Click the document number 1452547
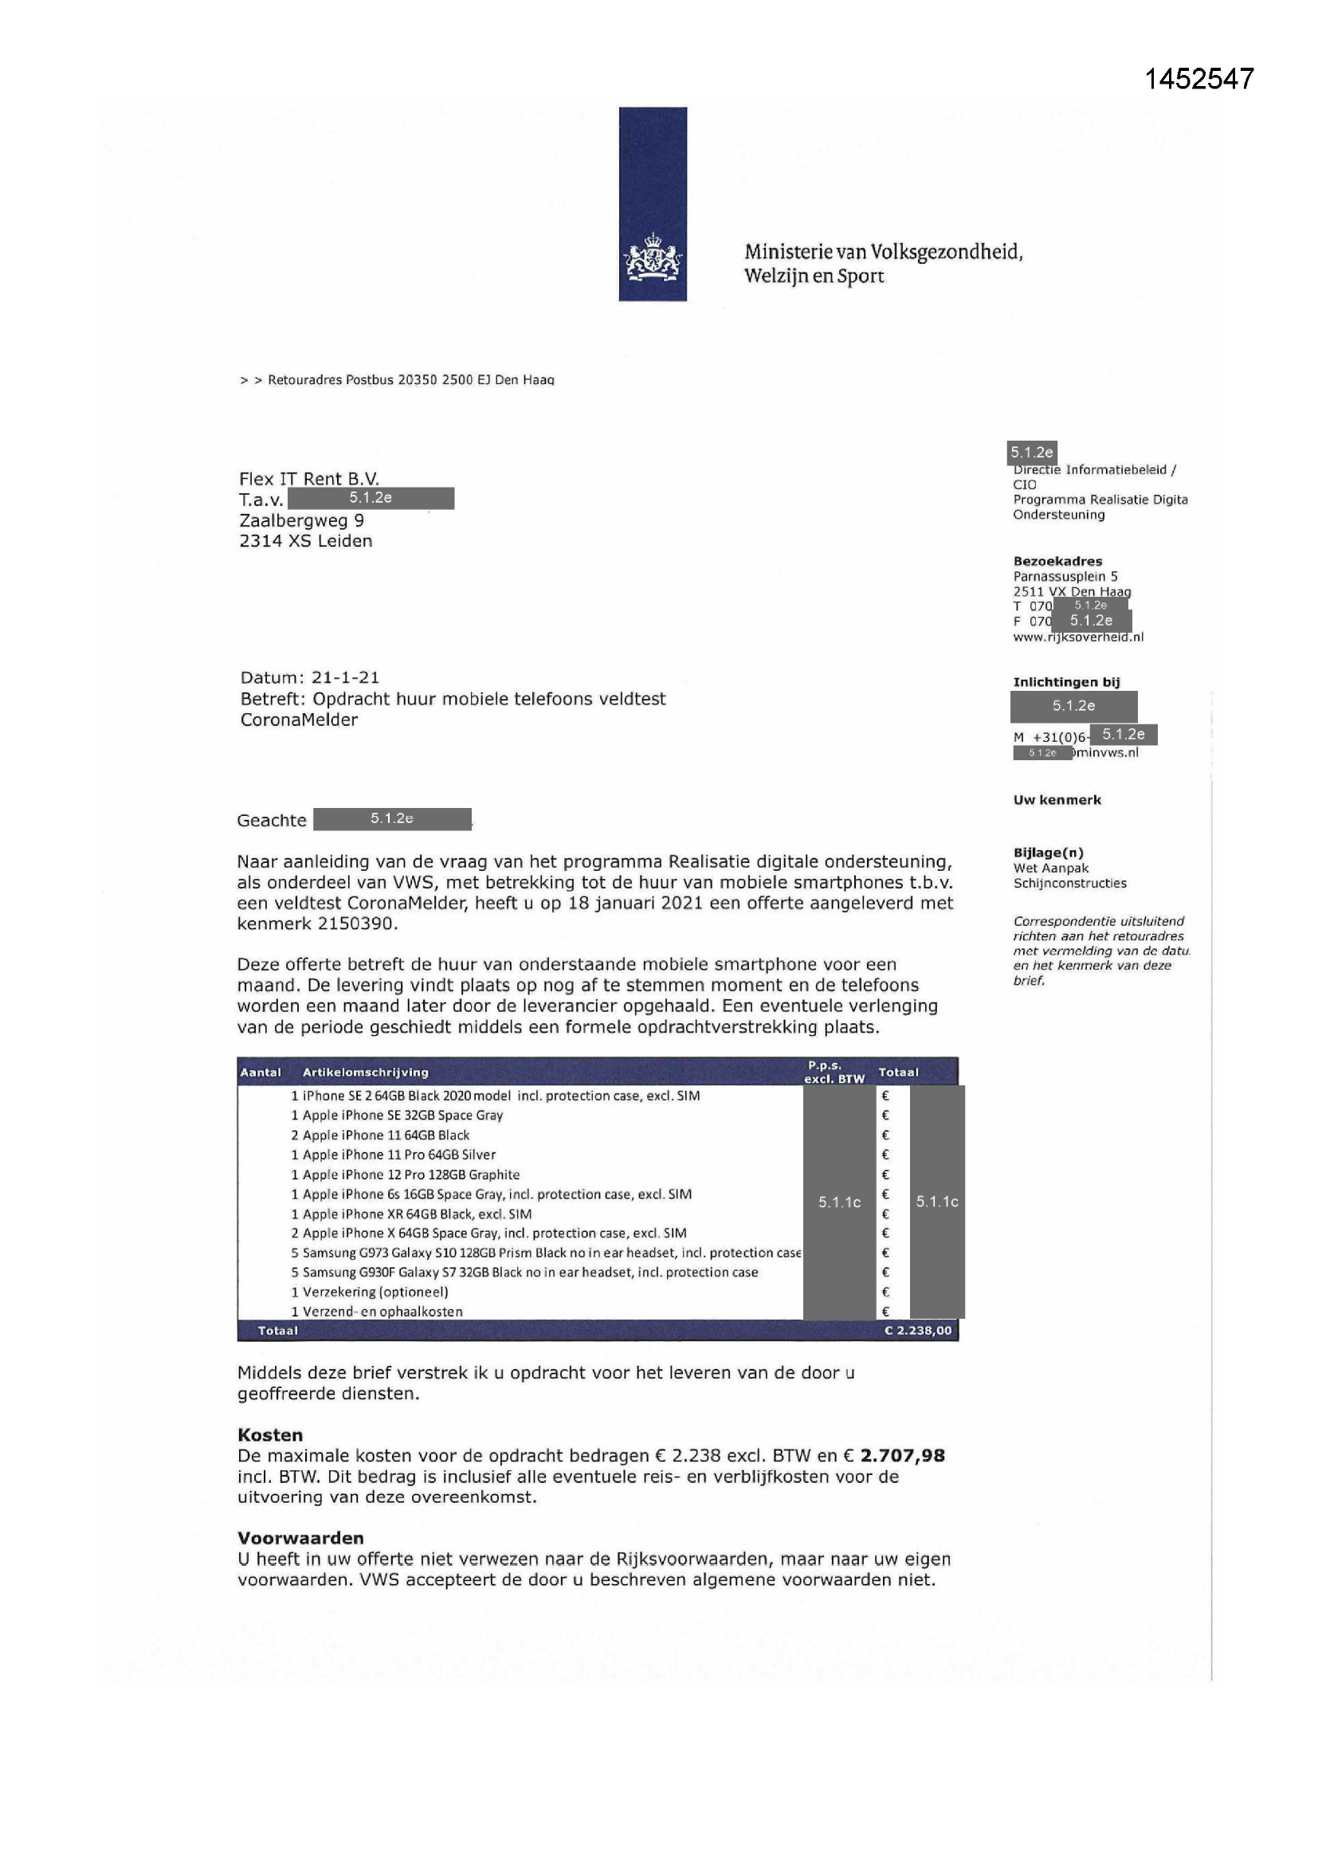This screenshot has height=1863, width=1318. tap(1198, 79)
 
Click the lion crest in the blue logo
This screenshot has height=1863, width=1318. tap(653, 258)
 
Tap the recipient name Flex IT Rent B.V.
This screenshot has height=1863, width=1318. tap(308, 479)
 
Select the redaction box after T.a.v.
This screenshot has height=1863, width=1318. tap(371, 498)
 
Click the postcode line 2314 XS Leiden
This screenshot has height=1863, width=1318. tap(305, 541)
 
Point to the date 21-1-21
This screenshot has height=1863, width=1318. tap(345, 677)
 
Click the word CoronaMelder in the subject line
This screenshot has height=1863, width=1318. tap(299, 720)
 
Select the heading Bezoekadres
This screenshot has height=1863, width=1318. tap(1057, 562)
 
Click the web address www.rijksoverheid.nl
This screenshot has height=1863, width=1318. tap(1078, 637)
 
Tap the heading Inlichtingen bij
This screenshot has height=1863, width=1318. tap(1065, 682)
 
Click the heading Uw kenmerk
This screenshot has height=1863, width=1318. tap(1057, 800)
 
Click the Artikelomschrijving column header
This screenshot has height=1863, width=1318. tap(365, 1073)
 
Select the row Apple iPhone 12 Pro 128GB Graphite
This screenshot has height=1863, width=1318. tap(410, 1174)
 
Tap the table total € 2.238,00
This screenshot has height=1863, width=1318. tap(918, 1331)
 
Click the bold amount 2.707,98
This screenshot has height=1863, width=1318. tap(903, 1456)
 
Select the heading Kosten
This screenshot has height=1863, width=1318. tap(269, 1434)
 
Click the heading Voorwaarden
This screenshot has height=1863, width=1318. tap(300, 1538)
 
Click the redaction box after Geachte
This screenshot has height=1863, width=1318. tap(392, 819)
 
